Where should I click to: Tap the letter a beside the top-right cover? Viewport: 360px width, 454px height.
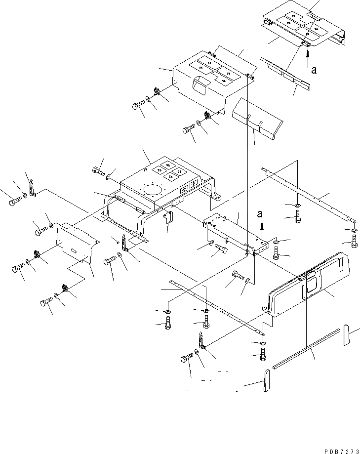point(314,70)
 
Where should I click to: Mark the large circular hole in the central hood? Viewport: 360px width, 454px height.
point(153,191)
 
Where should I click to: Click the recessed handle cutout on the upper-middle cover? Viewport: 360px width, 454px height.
point(202,85)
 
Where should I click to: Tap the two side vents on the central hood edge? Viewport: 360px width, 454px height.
point(189,187)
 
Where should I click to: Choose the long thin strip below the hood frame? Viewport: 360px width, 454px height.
point(217,309)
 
